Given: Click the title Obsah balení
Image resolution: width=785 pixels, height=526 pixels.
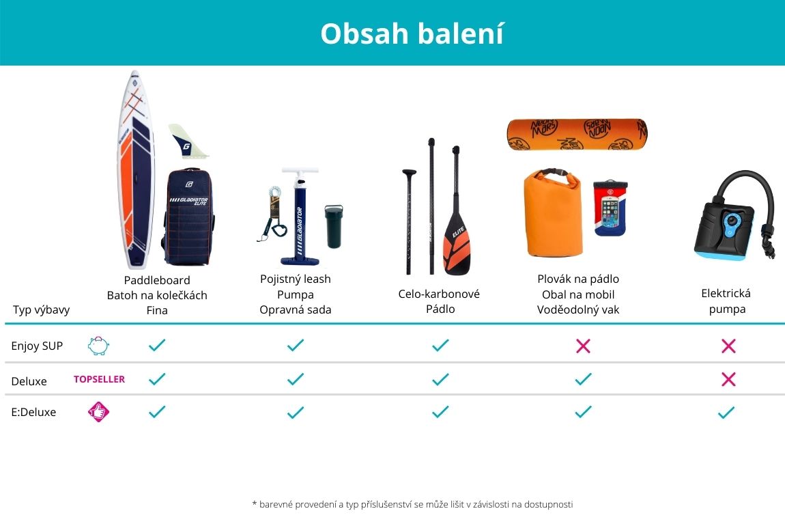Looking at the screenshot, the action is [412, 33].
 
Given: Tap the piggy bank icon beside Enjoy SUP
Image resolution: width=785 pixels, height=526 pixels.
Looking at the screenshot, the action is [98, 346].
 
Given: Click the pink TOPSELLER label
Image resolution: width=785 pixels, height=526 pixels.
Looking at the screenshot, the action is [99, 379].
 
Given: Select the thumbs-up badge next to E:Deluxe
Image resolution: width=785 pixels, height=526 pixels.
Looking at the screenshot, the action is [98, 412].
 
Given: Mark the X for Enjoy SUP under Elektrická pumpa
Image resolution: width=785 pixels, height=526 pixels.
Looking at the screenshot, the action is [728, 346].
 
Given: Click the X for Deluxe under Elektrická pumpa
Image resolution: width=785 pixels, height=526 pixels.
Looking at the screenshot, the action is [728, 379].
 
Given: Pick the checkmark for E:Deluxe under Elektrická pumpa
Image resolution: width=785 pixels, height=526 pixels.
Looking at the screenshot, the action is [726, 413].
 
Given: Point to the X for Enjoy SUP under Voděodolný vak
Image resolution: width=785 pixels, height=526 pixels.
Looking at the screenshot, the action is [583, 346].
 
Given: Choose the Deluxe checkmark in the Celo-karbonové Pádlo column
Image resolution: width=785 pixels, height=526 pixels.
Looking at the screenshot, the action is [440, 379].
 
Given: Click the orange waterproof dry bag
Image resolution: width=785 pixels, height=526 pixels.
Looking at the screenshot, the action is [553, 213].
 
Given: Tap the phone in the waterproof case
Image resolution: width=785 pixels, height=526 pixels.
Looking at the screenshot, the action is [610, 208].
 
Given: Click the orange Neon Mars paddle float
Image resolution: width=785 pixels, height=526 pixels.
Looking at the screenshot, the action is [577, 135].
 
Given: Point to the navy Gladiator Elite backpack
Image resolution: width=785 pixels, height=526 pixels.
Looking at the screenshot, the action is [188, 217].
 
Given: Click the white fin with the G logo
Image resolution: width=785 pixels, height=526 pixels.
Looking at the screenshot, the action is [187, 141].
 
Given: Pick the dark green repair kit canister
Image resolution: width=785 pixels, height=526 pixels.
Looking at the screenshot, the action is [334, 226].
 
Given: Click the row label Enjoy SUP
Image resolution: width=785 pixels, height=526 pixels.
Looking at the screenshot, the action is [37, 346].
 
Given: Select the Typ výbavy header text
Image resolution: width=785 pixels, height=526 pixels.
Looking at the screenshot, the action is [41, 310].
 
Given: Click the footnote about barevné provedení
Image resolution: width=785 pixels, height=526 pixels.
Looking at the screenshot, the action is [412, 504].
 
